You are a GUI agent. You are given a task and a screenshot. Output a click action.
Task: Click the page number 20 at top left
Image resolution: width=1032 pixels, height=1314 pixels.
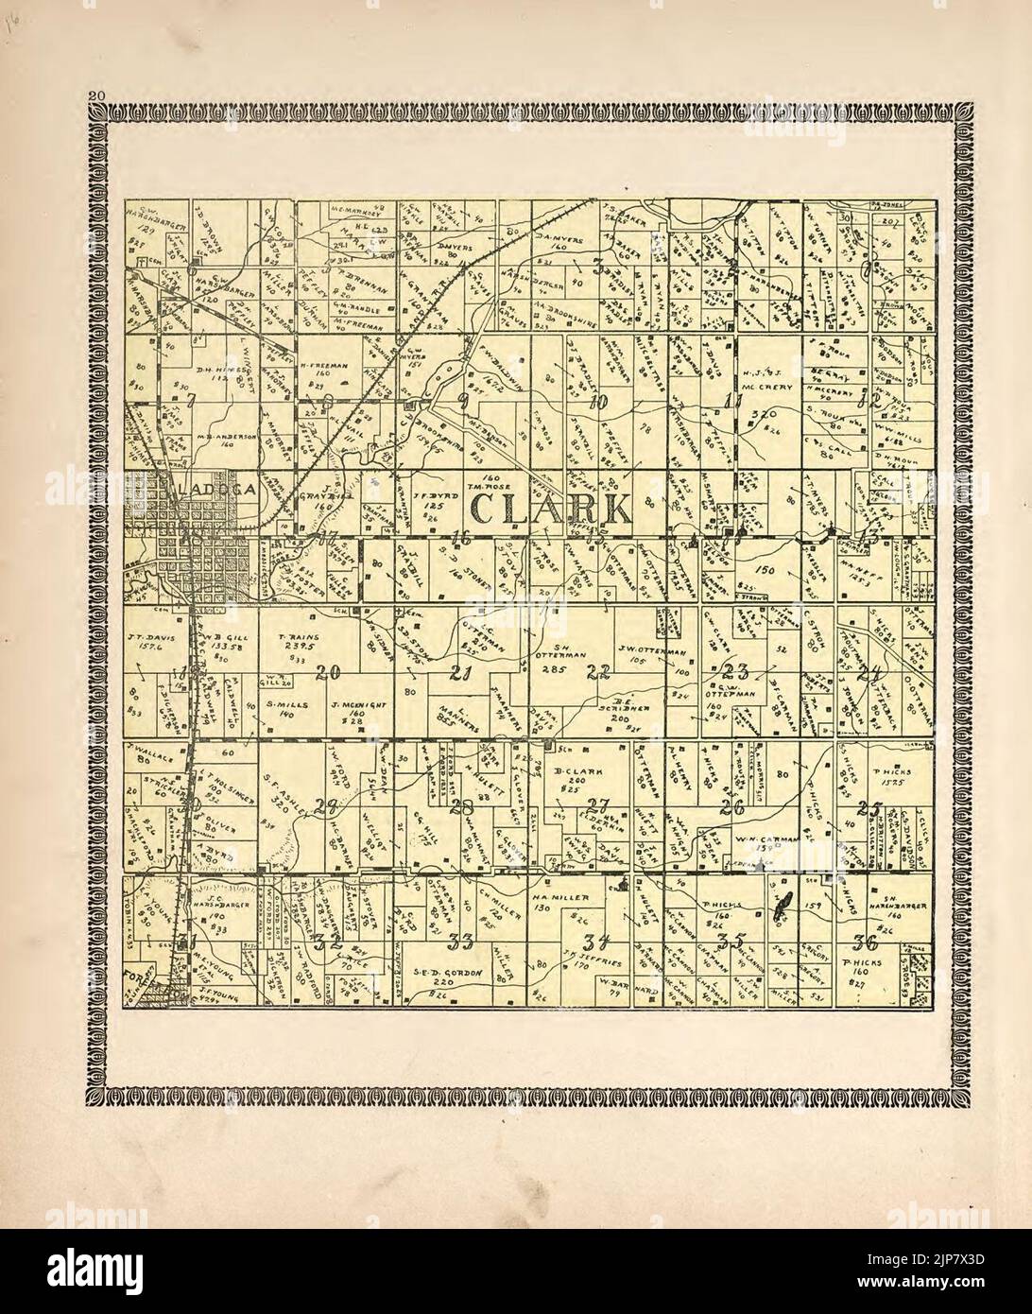tap(95, 94)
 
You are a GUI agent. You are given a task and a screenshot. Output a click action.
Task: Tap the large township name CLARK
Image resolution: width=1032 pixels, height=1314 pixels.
tap(549, 509)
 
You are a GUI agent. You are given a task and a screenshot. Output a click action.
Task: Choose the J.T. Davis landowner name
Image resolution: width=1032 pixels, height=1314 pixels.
tap(145, 638)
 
